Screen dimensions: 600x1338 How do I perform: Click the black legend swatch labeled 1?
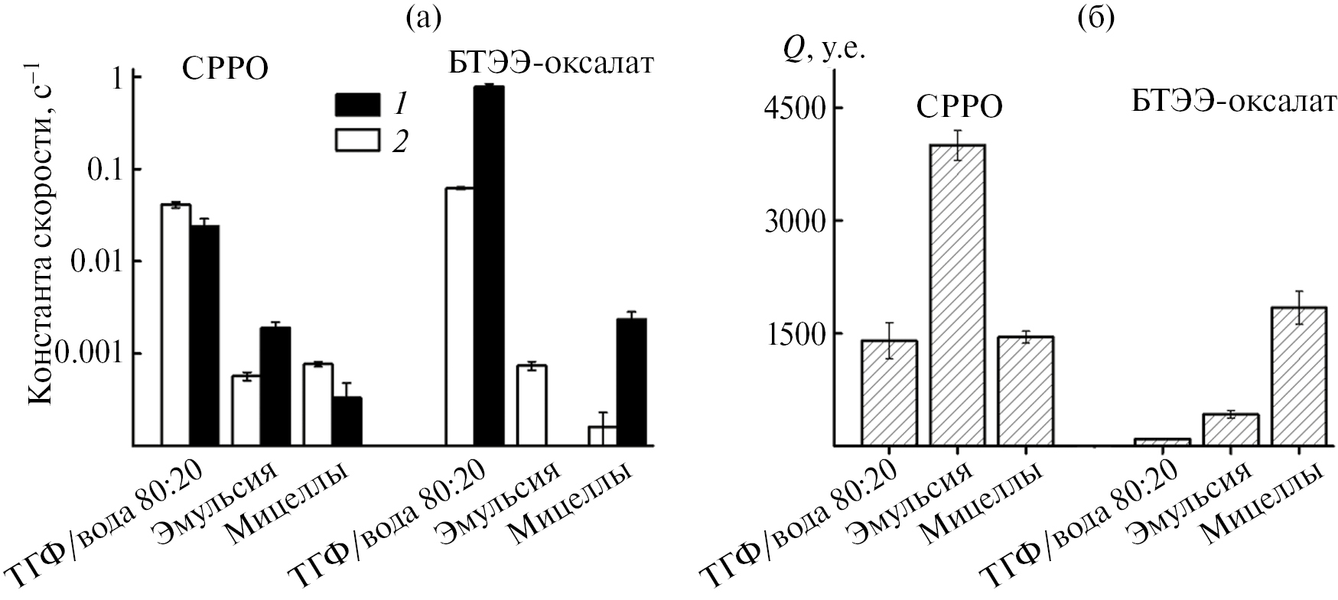coord(357,104)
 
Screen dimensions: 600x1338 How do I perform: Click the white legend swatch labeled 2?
coord(357,141)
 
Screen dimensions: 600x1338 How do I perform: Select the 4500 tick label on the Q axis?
coord(793,108)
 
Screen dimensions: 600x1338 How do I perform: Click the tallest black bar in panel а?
coord(489,264)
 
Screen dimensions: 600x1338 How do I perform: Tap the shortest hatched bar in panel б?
coord(1162,442)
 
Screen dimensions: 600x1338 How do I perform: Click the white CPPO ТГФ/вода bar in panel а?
coord(175,324)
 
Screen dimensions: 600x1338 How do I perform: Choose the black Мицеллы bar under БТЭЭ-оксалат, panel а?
coord(632,381)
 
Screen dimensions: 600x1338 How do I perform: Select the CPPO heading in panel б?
coord(958,108)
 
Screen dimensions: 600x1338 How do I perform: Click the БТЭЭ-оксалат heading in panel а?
coord(551,64)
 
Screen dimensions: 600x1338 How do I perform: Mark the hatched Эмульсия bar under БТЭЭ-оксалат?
coord(1231,430)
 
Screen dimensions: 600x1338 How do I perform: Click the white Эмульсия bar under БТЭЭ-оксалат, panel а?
coord(531,405)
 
